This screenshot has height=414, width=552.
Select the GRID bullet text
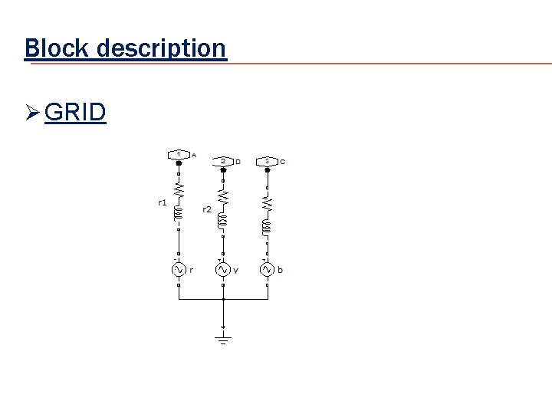click(75, 113)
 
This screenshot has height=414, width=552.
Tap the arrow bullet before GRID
click(32, 113)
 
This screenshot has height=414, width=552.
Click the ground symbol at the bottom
click(223, 338)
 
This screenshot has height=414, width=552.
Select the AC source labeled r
click(179, 270)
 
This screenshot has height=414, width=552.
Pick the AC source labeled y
click(223, 270)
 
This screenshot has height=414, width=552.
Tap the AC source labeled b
click(268, 270)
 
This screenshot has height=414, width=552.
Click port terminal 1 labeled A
click(179, 155)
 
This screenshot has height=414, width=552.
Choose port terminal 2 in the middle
click(223, 161)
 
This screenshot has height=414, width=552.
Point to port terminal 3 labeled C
click(268, 161)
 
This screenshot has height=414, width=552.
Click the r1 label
click(162, 203)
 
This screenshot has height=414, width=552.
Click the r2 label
click(207, 209)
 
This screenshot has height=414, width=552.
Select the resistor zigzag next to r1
click(179, 189)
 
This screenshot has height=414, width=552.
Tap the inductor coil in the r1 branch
click(179, 215)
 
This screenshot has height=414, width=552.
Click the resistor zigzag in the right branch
click(268, 203)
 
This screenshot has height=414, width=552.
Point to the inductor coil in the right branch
click(268, 228)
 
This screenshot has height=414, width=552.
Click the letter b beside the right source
click(281, 270)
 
